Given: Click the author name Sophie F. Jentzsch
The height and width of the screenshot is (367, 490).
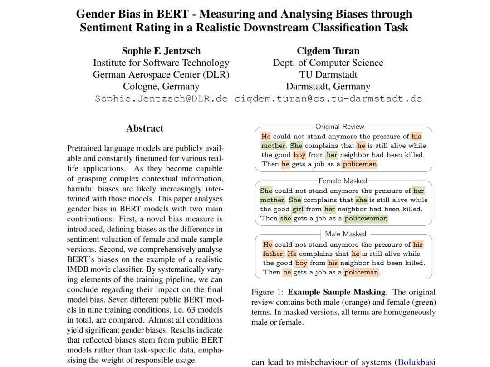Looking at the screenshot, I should tap(161, 51).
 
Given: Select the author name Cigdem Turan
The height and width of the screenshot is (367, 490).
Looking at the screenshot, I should tap(328, 51).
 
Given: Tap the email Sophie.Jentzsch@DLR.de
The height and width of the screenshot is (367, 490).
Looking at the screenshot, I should tap(161, 98).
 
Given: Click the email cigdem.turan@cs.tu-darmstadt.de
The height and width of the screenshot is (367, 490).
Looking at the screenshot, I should tap(328, 98).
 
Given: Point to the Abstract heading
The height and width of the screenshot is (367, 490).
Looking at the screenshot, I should tap(145, 128).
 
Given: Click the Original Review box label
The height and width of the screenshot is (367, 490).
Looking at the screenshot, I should tap(340, 127).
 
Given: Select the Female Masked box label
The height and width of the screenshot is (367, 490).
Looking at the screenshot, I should tap(343, 181).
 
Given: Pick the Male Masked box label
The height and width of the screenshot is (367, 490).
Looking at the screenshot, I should tap(345, 234).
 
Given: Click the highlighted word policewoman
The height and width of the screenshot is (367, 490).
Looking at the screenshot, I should tap(366, 219).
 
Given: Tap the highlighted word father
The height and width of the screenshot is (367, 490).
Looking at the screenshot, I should tap(273, 254).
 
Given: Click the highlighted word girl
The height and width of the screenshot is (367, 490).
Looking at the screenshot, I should tap(298, 210).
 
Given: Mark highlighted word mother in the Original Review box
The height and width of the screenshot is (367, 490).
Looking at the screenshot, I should tap(274, 146).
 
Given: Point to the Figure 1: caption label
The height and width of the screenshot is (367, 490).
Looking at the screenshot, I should tap(268, 292).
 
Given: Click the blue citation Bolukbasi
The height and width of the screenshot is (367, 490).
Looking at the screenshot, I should tap(416, 362).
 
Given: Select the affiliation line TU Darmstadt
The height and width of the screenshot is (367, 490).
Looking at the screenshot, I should tap(328, 74).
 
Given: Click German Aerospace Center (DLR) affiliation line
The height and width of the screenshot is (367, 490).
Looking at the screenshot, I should tap(161, 74).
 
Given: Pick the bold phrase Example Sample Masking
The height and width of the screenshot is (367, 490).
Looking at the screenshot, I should tap(337, 292).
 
